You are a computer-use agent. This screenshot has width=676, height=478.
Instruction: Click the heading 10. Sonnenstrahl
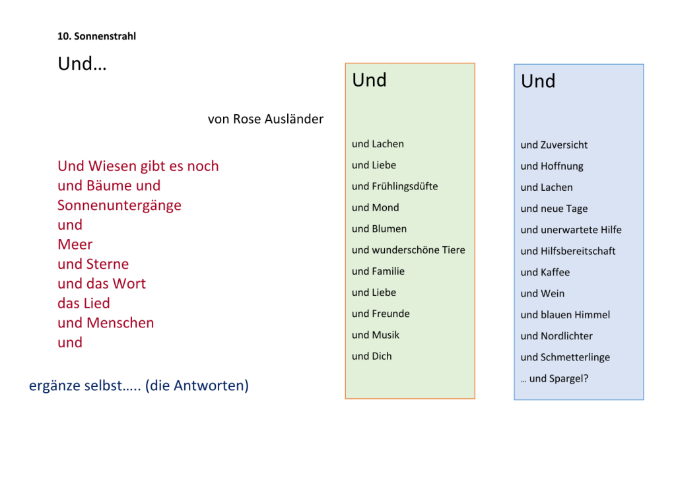pos(96,36)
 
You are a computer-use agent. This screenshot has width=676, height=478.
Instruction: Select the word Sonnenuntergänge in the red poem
pos(119,206)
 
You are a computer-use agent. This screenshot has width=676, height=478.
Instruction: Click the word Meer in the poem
pos(75,244)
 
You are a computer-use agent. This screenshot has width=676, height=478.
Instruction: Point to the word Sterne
pos(108,264)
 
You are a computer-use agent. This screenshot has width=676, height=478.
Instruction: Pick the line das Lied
pos(84,303)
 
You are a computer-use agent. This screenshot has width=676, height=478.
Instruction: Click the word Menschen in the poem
pos(120,323)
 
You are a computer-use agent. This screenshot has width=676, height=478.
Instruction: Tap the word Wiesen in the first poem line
pos(110,166)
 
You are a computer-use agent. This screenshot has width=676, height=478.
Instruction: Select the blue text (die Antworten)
pos(197,386)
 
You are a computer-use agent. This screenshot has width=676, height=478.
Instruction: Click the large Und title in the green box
pos(370,80)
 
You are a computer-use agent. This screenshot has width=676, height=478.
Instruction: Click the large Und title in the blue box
pos(538,81)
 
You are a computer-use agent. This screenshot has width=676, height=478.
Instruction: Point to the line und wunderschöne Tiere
pos(408,250)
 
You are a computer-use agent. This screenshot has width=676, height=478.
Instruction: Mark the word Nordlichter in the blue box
pos(566,336)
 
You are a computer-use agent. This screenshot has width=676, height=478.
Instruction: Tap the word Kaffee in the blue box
pos(555,273)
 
